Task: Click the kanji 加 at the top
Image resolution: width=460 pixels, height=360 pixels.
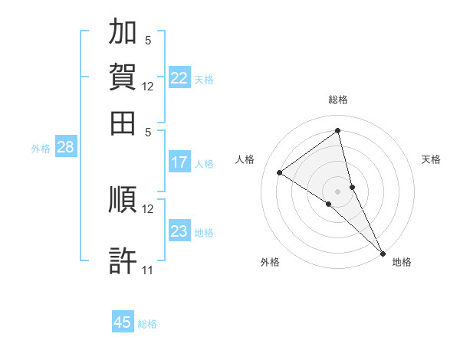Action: point(123,33)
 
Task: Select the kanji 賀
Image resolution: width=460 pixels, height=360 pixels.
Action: point(123,77)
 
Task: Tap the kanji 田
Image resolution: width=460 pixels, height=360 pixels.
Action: point(123,122)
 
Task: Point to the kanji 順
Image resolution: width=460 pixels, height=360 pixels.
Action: point(123,199)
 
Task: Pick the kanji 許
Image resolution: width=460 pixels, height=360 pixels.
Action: point(123,260)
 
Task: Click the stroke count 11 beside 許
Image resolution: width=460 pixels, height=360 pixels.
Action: point(148,270)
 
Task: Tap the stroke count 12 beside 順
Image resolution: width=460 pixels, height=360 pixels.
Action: point(148,208)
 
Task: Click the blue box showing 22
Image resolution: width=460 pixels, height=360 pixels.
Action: point(179,77)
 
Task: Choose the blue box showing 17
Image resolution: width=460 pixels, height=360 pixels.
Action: point(179,162)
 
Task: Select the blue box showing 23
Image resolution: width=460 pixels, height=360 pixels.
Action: point(179,231)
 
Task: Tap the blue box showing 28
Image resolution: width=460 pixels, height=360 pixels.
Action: point(66,148)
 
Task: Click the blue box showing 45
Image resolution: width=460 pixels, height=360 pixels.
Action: point(123,322)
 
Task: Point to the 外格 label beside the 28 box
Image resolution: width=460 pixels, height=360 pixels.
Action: point(41,149)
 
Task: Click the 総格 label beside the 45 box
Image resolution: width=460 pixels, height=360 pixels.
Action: point(147,323)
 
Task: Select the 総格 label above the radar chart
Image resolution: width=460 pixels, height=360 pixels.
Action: point(337,100)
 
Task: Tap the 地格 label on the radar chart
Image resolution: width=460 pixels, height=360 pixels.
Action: point(402,262)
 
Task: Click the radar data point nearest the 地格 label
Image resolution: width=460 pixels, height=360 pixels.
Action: point(383,253)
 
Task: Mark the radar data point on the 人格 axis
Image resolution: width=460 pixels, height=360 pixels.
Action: point(279,172)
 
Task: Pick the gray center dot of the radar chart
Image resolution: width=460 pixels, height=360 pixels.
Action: point(337,191)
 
